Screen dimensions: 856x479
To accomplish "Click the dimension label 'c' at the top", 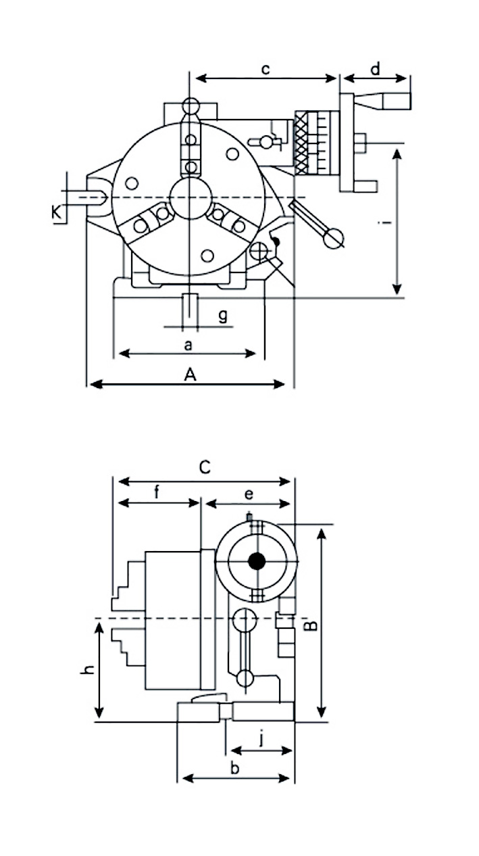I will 266,69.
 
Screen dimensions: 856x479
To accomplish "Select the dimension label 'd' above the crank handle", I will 376,69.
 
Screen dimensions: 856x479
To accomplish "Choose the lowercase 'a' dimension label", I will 188,345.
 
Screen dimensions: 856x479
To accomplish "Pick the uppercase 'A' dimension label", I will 191,375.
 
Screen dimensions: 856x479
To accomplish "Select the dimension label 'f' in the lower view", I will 157,492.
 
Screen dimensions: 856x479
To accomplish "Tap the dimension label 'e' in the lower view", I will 249,494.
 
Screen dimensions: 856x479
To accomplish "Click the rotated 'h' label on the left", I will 86,670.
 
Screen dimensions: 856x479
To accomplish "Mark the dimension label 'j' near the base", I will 261,739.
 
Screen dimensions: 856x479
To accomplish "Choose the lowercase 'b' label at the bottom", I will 234,767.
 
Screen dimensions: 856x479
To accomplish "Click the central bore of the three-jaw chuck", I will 191,197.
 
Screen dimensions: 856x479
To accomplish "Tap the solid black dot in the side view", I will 256,561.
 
